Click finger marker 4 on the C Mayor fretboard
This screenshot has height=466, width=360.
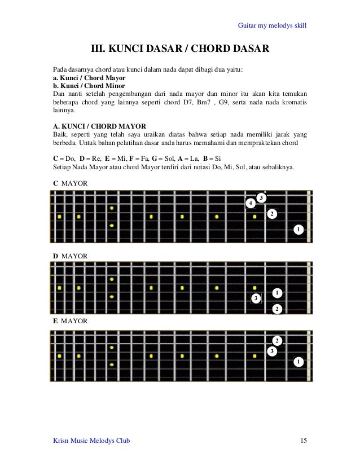coord(250,203)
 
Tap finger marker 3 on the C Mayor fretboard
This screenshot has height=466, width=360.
coord(261,197)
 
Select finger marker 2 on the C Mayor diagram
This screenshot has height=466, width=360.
coord(271,214)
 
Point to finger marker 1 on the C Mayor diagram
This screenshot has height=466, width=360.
coord(298,230)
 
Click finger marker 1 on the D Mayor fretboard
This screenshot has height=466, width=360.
coord(277,293)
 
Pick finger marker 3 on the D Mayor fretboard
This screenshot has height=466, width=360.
coord(256,297)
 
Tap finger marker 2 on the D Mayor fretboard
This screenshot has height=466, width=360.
coord(276,309)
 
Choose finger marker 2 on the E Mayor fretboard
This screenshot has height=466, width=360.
coord(277,340)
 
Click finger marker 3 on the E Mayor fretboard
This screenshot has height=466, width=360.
coord(271,351)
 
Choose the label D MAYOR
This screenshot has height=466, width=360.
coord(70,256)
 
